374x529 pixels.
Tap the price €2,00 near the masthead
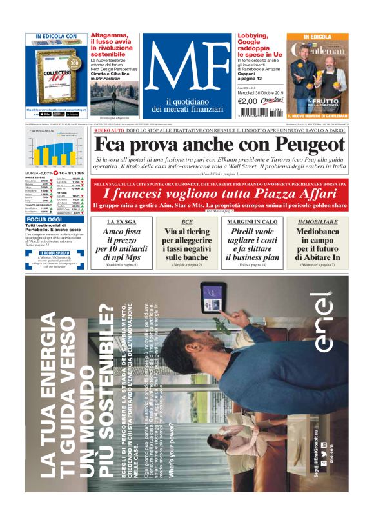tap(248, 101)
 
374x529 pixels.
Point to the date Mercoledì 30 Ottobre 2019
tap(259, 92)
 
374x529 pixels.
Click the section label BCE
tap(187, 221)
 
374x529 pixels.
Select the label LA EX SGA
tap(121, 221)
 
